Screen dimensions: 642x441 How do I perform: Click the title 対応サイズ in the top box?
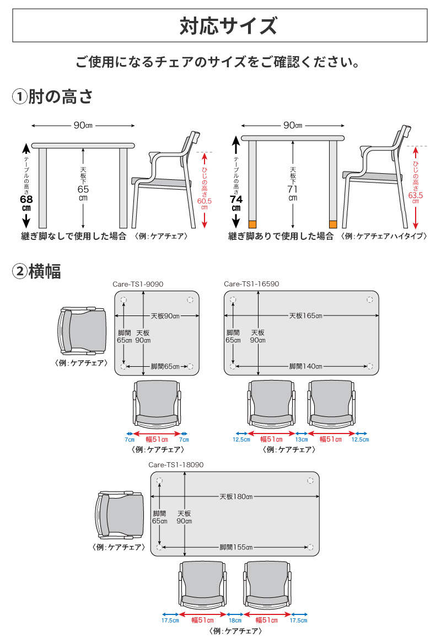pyautogui.click(x=220, y=26)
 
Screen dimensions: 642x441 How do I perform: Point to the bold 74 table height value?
pyautogui.click(x=236, y=199)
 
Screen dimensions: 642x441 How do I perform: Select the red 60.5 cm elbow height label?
pyautogui.click(x=204, y=202)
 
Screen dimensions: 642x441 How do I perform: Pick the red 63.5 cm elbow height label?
pyautogui.click(x=415, y=195)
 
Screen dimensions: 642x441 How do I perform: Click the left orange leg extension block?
pyautogui.click(x=252, y=224)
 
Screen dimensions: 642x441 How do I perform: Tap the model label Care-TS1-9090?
pyautogui.click(x=138, y=284)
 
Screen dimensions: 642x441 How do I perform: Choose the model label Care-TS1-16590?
pyautogui.click(x=251, y=284)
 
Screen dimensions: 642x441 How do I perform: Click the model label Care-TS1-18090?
pyautogui.click(x=176, y=465)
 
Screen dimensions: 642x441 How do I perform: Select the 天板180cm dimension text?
pyautogui.click(x=235, y=496)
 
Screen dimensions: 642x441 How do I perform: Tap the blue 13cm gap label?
pyautogui.click(x=302, y=440)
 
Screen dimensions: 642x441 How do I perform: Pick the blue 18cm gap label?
pyautogui.click(x=235, y=620)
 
